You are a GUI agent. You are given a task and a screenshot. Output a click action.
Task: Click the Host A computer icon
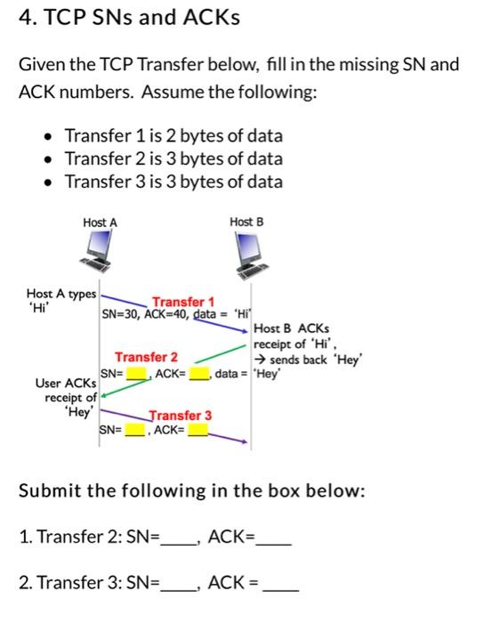coord(99,250)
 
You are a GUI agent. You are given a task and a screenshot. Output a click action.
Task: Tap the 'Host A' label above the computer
coord(99,222)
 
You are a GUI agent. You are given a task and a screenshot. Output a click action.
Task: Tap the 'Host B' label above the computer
coord(246,222)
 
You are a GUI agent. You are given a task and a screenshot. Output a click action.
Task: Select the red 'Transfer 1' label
coord(182,302)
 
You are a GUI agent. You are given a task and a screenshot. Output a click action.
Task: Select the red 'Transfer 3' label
coord(181,416)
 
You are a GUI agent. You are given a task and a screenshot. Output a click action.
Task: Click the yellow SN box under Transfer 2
coord(137,374)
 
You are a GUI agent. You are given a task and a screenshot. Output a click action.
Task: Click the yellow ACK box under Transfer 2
coord(198,374)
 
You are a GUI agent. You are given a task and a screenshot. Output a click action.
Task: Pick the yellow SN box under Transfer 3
coord(134,433)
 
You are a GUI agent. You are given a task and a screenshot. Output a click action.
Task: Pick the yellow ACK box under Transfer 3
coord(197,433)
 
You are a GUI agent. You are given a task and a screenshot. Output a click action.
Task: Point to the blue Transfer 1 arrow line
coord(178,312)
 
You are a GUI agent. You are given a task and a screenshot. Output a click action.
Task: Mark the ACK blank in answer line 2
coord(277,585)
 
